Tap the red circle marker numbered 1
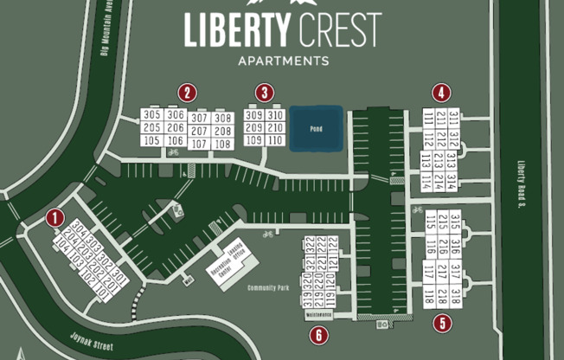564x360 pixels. click(x=56, y=218)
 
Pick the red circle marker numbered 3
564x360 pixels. click(x=266, y=93)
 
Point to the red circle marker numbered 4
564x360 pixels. click(x=443, y=93)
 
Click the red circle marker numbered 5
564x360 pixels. click(x=443, y=324)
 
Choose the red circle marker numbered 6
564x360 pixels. click(x=319, y=335)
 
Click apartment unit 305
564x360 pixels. click(x=152, y=115)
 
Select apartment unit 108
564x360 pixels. click(x=223, y=144)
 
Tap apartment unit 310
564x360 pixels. click(x=275, y=115)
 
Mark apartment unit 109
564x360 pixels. click(x=253, y=140)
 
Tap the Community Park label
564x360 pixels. click(x=266, y=287)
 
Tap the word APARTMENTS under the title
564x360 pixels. click(x=282, y=61)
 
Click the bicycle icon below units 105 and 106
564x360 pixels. click(x=173, y=153)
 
